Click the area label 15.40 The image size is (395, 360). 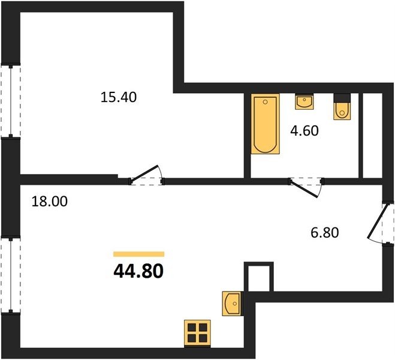(x=119, y=97)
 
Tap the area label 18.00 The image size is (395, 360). (x=50, y=202)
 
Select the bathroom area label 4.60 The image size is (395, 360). (x=304, y=131)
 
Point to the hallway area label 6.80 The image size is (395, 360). (x=324, y=232)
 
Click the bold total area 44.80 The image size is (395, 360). (x=138, y=271)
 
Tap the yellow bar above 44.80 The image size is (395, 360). (x=139, y=254)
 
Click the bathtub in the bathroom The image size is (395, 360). (x=266, y=124)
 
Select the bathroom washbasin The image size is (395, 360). (x=304, y=102)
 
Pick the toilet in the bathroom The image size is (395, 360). (x=342, y=107)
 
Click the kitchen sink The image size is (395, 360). (x=231, y=304)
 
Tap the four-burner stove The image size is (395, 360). (x=197, y=333)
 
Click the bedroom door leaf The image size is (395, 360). (x=144, y=173)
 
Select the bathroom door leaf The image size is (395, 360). (x=304, y=188)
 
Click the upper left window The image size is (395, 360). (x=11, y=101)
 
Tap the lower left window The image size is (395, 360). (x=11, y=275)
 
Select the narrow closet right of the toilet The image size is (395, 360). (x=373, y=136)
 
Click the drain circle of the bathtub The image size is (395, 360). (x=265, y=102)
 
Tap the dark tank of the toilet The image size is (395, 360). (x=342, y=98)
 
